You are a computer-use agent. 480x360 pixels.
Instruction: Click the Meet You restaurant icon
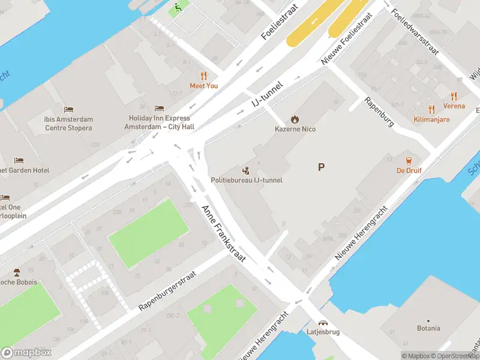click(204, 76)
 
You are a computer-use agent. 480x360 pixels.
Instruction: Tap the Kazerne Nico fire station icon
click(295, 119)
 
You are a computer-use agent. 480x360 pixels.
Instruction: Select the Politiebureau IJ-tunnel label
click(246, 180)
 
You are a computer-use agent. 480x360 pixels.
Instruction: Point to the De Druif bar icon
click(409, 160)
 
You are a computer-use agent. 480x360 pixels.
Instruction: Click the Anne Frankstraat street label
click(224, 233)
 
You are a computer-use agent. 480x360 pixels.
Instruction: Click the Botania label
click(428, 328)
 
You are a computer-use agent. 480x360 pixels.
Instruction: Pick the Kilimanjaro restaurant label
click(431, 119)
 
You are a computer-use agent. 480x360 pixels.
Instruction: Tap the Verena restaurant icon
click(454, 96)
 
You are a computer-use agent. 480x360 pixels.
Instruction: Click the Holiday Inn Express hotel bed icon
click(159, 108)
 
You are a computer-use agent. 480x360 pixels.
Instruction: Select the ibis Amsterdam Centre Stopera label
click(68, 124)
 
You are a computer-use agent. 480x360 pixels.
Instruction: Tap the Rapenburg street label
click(379, 112)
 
